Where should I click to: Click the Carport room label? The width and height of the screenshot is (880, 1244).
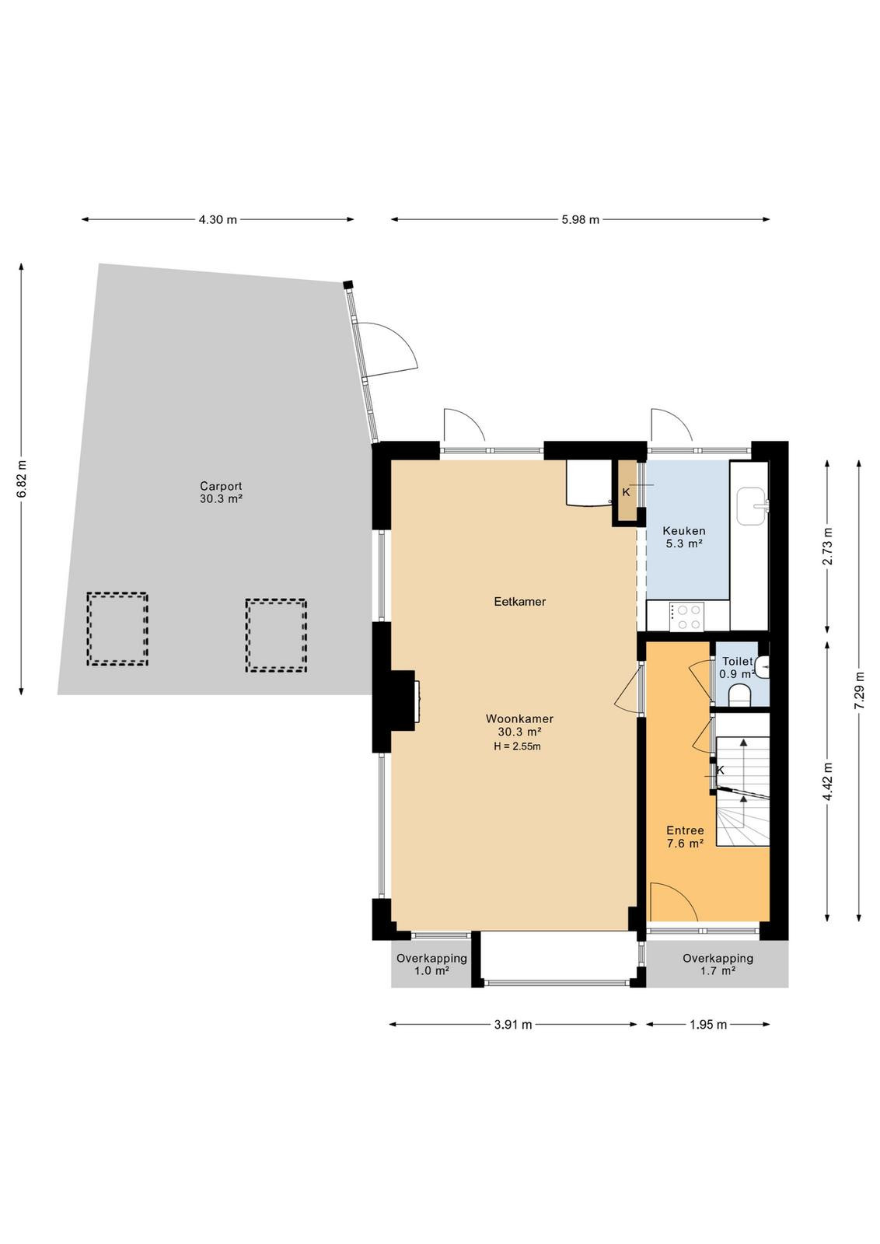coord(221,486)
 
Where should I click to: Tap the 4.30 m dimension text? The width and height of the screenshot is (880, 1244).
coord(218,219)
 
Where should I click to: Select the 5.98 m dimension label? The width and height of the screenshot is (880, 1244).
coord(580,219)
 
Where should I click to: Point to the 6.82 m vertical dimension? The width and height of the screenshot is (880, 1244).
coord(22,479)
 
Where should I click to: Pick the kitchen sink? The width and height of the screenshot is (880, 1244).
coord(753,506)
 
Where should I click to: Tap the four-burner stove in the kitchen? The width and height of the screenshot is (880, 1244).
coord(686,617)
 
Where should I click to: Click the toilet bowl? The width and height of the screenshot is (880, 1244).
coord(739,695)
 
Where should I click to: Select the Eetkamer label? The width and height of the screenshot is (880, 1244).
coord(519,602)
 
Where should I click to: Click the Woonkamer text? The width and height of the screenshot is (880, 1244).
coord(519,718)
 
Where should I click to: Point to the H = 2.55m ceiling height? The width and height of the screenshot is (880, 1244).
coord(517,746)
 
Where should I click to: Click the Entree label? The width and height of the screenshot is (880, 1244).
coord(685,830)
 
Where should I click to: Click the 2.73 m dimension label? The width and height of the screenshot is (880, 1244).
coord(828,546)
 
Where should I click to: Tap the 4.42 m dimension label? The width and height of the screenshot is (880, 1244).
coord(828,781)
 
